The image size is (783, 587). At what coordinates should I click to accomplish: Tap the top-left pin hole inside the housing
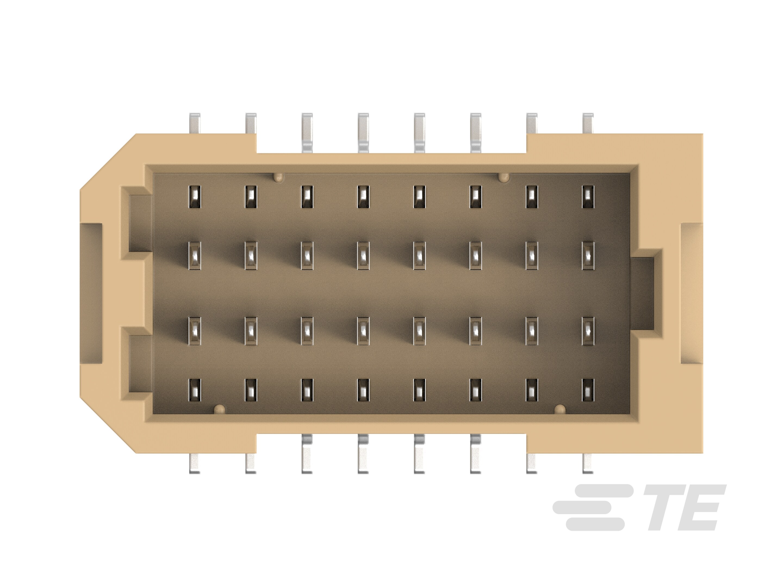pyautogui.click(x=195, y=197)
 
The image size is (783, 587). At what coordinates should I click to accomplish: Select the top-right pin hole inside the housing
pyautogui.click(x=588, y=197)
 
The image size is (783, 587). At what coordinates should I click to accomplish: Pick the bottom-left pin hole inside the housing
pyautogui.click(x=195, y=390)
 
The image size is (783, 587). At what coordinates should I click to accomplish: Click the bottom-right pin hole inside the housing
pyautogui.click(x=588, y=390)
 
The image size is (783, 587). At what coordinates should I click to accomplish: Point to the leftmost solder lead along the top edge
pyautogui.click(x=195, y=123)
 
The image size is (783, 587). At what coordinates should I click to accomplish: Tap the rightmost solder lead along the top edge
pyautogui.click(x=588, y=123)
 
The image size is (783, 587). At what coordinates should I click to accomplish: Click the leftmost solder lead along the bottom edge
pyautogui.click(x=195, y=464)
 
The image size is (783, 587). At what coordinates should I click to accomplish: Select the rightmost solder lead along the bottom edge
pyautogui.click(x=588, y=464)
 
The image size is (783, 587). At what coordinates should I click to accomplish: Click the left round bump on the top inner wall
pyautogui.click(x=279, y=177)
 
